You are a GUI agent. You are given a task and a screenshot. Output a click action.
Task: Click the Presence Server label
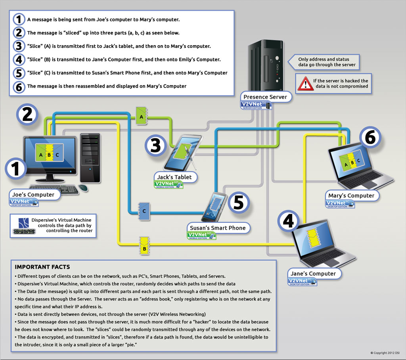[265, 97]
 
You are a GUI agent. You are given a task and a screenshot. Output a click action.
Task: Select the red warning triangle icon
[306, 83]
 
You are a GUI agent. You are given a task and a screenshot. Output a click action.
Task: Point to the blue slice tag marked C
[144, 211]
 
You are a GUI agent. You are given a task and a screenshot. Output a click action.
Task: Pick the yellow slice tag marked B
[144, 246]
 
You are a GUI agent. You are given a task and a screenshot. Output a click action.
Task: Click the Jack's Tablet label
[175, 177]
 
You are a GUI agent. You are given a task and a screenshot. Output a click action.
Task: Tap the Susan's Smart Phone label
[218, 228]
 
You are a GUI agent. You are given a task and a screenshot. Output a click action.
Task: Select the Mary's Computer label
[351, 195]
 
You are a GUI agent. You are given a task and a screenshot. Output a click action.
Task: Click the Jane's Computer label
[313, 274]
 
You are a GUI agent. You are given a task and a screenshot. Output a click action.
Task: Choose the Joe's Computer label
[33, 195]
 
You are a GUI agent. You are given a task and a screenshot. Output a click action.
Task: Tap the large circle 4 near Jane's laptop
[288, 220]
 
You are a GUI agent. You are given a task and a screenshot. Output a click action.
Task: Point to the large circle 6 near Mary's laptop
[370, 138]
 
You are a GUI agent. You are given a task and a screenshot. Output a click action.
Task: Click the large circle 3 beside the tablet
[155, 145]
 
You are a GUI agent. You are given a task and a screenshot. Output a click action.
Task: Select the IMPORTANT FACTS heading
[42, 267]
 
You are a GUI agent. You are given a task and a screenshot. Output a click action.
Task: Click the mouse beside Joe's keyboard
[83, 188]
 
